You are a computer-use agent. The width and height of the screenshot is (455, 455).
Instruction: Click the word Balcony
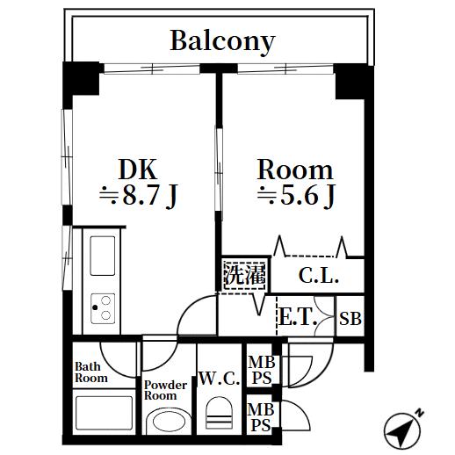point(222,40)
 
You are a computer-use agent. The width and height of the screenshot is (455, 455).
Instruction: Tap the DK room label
point(138,169)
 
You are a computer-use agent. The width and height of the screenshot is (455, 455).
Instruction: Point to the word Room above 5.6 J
point(294,169)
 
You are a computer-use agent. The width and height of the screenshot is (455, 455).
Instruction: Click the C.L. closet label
point(317,278)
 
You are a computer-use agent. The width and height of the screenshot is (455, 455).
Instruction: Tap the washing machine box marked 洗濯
point(243,275)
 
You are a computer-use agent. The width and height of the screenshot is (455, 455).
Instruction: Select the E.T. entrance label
point(298,317)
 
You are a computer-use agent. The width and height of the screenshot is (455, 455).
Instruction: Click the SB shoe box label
point(350,319)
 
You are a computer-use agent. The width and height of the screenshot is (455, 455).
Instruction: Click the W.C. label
point(219,379)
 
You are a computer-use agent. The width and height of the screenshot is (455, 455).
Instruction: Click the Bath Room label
point(90,372)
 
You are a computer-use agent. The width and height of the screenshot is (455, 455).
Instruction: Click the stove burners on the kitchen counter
point(103,308)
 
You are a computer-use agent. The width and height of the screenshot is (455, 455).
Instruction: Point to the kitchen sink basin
point(103,256)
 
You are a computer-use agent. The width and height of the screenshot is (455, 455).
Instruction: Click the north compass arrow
point(404,428)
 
